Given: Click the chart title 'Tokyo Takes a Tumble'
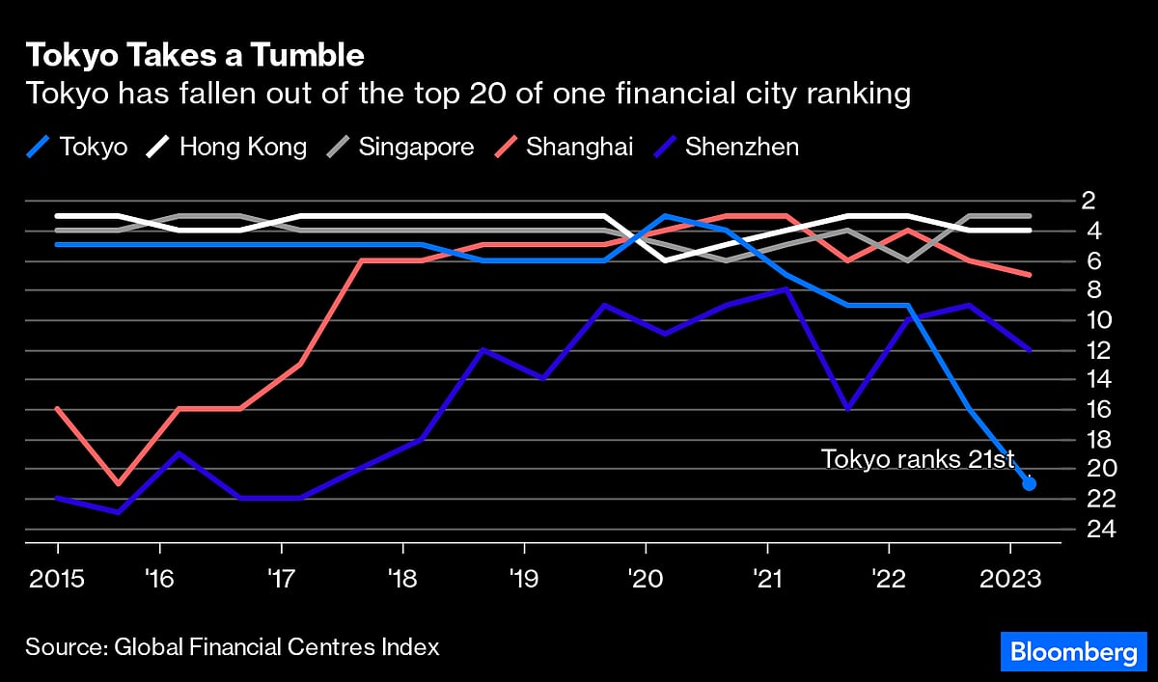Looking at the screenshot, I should pyautogui.click(x=195, y=56).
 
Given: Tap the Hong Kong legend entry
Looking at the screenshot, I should pyautogui.click(x=227, y=148).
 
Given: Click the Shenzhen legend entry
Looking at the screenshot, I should pyautogui.click(x=725, y=148).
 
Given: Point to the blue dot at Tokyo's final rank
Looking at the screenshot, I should pyautogui.click(x=1029, y=483).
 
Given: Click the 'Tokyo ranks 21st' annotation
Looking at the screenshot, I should pyautogui.click(x=918, y=459).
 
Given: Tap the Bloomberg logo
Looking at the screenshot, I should pyautogui.click(x=1073, y=652).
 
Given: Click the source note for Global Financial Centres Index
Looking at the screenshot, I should pyautogui.click(x=232, y=646).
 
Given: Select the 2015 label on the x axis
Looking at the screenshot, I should pyautogui.click(x=57, y=581).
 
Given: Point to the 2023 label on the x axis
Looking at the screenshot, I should pyautogui.click(x=1010, y=581).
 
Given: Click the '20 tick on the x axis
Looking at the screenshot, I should pyautogui.click(x=645, y=581).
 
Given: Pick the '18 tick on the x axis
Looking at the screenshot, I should pyautogui.click(x=402, y=581).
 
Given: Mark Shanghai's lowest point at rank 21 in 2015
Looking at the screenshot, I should pyautogui.click(x=118, y=483).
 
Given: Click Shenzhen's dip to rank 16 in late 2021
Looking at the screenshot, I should pyautogui.click(x=847, y=409).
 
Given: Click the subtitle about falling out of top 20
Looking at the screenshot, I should pyautogui.click(x=468, y=95).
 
